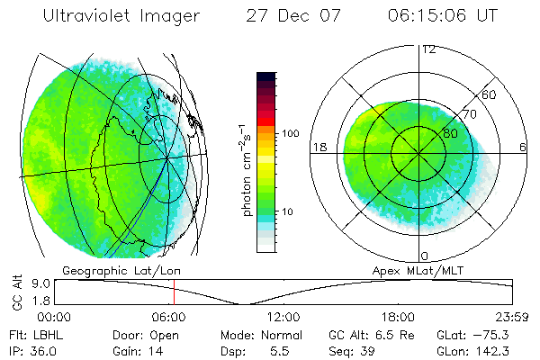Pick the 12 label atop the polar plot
[428, 49]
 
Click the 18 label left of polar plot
[319, 148]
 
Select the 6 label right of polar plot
[523, 148]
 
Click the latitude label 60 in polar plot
[490, 94]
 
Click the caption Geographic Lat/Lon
[105, 270]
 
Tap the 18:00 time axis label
[398, 317]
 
